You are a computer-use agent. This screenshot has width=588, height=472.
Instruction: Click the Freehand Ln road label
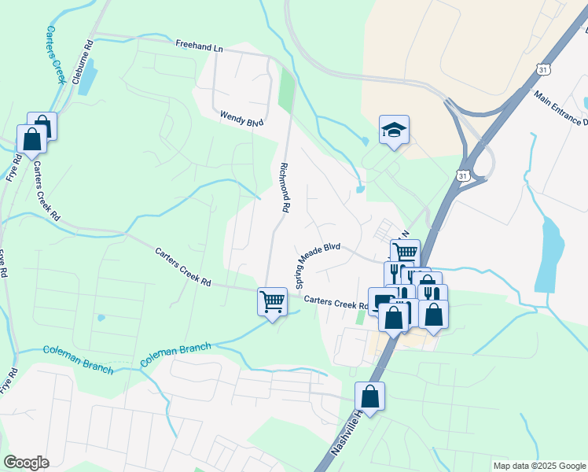coord(199,47)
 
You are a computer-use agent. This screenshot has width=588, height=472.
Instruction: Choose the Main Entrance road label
coord(560,108)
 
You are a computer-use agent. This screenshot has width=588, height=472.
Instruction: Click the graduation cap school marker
coord(394,130)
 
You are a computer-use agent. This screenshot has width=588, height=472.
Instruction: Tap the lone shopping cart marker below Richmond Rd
coord(272,301)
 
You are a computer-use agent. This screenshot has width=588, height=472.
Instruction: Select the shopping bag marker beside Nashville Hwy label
coord(370,396)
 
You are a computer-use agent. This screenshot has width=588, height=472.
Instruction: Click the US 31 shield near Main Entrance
coord(544,71)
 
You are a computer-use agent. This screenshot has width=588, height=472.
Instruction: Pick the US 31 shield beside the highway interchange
coord(463,175)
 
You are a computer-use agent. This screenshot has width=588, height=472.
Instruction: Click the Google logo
coord(26,463)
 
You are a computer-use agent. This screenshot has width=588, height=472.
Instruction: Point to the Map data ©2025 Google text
coord(538,466)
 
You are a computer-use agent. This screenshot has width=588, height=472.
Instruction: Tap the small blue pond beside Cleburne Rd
coord(87,76)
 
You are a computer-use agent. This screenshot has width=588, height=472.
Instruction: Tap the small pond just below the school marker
coord(360,189)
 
